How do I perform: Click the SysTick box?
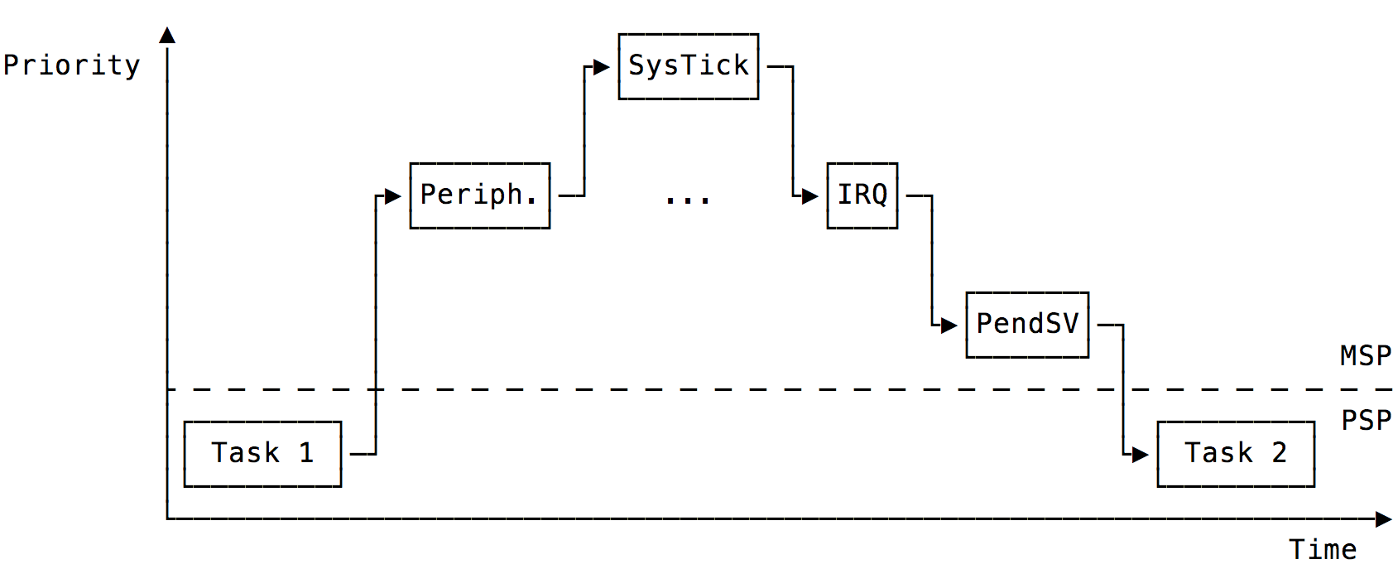tap(688, 66)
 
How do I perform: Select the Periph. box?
tap(479, 195)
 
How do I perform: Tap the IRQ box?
tap(862, 195)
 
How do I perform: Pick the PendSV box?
tap(1027, 325)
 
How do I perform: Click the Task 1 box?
tap(262, 454)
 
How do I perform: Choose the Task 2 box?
tap(1235, 454)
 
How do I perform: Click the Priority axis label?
tap(71, 65)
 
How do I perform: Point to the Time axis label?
tap(1322, 549)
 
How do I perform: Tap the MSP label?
tap(1366, 356)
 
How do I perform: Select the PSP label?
tap(1366, 421)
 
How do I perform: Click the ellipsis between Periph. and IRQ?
tap(688, 200)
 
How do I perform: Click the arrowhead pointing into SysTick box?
tap(602, 67)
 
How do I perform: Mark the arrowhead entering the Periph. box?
tap(393, 196)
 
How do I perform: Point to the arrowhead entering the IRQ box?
tap(810, 196)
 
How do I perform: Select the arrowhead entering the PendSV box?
tap(949, 325)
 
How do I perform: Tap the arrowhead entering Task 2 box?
tap(1141, 454)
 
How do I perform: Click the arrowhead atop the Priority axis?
tap(167, 35)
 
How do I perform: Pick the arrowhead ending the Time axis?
tap(1383, 519)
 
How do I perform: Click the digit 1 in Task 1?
tap(306, 453)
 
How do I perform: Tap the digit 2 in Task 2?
tap(1279, 453)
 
